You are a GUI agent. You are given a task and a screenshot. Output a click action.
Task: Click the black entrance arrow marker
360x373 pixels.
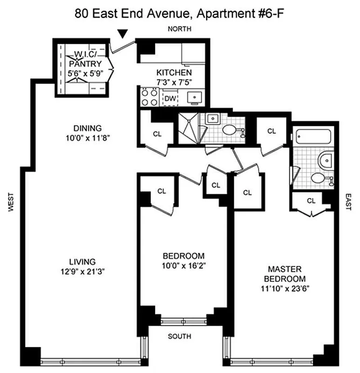(x=122, y=34)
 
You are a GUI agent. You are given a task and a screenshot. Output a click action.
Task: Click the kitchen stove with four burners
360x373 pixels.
(x=149, y=97)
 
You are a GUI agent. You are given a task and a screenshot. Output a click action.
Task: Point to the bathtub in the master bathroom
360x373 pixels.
(x=312, y=137)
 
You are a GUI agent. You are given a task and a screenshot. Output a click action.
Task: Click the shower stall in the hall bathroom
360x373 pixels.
(x=189, y=127)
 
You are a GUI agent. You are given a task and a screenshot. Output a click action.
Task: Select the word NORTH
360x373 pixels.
(x=180, y=29)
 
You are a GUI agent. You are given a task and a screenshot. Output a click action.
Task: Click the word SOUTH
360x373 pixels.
(x=180, y=337)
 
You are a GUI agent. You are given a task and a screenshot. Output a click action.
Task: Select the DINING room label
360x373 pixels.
(x=87, y=128)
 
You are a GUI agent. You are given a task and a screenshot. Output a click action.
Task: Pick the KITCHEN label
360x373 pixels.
(x=174, y=73)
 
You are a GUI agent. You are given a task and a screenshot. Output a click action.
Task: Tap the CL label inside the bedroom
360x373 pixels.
(x=162, y=191)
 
